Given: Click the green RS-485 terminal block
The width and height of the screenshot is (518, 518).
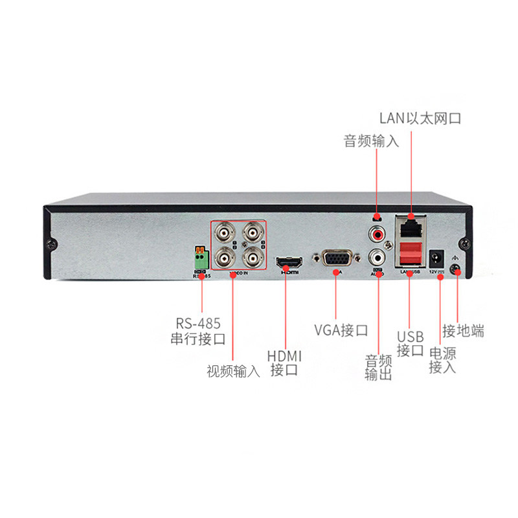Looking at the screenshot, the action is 202,260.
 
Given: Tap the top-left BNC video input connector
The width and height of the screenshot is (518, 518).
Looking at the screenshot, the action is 224,233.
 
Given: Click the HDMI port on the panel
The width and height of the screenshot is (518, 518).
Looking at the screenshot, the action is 289,263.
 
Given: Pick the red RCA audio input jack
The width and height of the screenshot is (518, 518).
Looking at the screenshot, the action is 376,232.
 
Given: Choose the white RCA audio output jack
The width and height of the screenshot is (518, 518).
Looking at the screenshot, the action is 376,258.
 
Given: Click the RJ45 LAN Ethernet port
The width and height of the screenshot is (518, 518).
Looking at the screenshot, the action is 411,228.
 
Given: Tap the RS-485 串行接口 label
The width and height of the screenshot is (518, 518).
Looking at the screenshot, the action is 197,330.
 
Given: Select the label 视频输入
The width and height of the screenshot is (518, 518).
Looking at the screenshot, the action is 233,372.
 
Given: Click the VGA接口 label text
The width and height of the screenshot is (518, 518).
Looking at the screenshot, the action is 341,330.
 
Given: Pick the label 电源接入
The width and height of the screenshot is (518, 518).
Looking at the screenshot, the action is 443,361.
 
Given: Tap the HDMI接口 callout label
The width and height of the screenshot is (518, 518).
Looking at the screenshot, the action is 284,363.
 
